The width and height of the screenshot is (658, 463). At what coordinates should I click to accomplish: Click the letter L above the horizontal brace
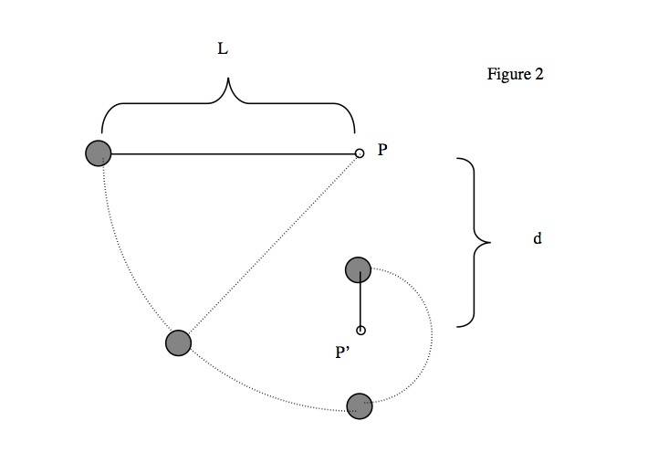click(222, 51)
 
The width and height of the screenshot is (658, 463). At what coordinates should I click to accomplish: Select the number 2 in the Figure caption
click(538, 75)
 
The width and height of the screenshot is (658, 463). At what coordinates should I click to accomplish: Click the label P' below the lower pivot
click(344, 350)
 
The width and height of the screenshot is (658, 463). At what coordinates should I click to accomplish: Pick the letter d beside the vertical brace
click(538, 239)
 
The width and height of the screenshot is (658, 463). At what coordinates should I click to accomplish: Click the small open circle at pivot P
click(360, 153)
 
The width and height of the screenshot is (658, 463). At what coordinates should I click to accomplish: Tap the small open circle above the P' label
click(360, 331)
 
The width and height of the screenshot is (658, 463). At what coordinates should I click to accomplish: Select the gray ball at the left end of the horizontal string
click(98, 153)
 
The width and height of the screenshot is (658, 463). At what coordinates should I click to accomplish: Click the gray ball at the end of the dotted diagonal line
click(179, 342)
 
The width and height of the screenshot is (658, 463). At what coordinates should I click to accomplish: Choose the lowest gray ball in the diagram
click(360, 405)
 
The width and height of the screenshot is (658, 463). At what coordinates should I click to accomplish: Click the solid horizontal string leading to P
click(228, 153)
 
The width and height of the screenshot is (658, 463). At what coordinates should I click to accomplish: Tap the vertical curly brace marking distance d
click(475, 242)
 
